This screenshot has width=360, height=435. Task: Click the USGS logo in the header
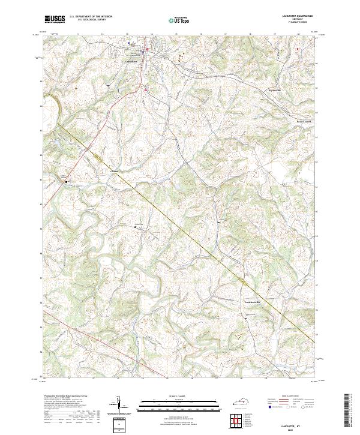55,19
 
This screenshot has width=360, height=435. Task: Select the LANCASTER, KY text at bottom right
298,424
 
